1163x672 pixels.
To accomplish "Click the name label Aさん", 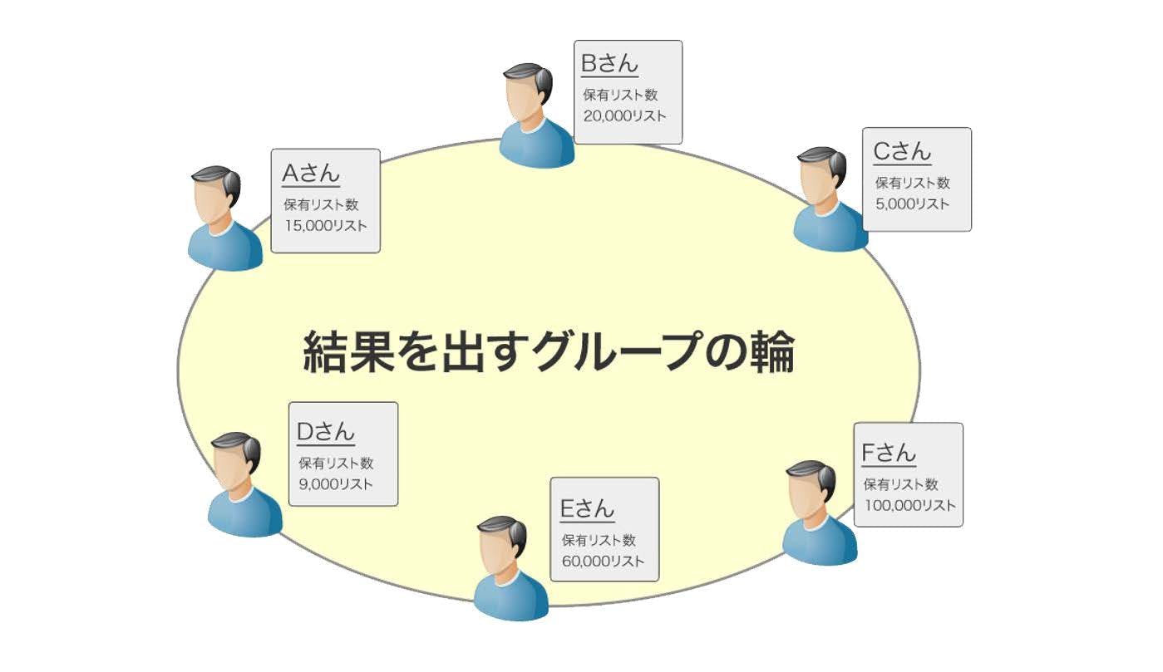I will coord(311,174).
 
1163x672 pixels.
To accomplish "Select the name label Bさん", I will coord(609,64).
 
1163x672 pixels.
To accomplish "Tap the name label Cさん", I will coord(902,152).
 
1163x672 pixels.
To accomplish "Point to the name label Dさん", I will coord(326,432).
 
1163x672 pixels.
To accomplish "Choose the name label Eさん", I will coord(587,508).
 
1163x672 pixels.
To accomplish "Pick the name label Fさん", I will coord(889,454).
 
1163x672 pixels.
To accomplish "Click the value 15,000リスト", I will coord(325,226).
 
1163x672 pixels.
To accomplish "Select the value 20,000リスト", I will coord(624,116).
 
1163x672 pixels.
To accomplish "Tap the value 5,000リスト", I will coord(911,204).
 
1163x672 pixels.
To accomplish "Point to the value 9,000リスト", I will coord(336,484).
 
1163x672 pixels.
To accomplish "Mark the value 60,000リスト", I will coord(603,562).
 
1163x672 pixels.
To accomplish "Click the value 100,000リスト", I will coord(909,505).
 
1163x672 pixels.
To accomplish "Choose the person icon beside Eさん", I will coord(508,568).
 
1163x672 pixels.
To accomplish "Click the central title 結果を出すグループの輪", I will coord(549,353).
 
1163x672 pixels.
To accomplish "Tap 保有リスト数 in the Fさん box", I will coord(900,484).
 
